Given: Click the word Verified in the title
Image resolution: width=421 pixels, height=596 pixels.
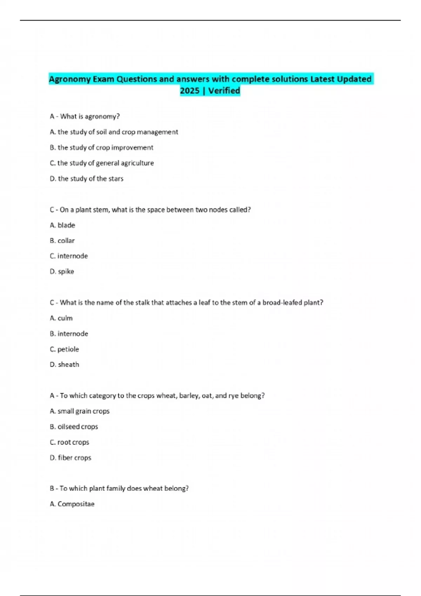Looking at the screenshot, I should click(x=224, y=91).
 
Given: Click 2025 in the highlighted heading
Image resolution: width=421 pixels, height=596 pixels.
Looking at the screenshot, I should click(x=189, y=91).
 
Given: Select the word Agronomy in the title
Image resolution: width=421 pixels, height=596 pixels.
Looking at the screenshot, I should click(x=69, y=79).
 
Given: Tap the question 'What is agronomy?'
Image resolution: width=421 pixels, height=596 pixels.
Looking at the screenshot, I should click(x=90, y=116).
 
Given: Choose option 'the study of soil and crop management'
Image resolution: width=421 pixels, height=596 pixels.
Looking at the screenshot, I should click(x=118, y=132).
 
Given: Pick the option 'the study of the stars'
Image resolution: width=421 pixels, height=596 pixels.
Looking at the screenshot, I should click(x=91, y=179).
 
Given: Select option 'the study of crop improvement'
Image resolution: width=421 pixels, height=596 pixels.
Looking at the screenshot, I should click(x=105, y=148).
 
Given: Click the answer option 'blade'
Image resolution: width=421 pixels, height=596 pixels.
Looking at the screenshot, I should click(x=66, y=225).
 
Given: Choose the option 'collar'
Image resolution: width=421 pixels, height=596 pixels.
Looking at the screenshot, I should click(x=66, y=241).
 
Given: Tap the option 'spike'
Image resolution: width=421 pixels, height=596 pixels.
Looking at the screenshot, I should click(x=66, y=272).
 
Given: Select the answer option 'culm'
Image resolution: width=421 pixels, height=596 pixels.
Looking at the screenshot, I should click(x=65, y=318).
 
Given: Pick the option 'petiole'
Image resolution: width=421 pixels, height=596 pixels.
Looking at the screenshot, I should click(x=68, y=349).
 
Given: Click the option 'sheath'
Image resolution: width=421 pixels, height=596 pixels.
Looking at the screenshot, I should click(x=68, y=365).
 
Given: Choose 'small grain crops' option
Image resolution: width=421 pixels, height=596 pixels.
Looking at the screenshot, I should click(x=83, y=411).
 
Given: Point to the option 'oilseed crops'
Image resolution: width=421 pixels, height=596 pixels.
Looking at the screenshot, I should click(x=78, y=427).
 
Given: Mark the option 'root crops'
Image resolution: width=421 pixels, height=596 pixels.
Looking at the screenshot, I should click(x=73, y=442).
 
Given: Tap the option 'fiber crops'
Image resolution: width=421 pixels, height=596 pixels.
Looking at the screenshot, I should click(x=74, y=458).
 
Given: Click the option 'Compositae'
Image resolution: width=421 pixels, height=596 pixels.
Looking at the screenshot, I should click(x=76, y=504).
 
